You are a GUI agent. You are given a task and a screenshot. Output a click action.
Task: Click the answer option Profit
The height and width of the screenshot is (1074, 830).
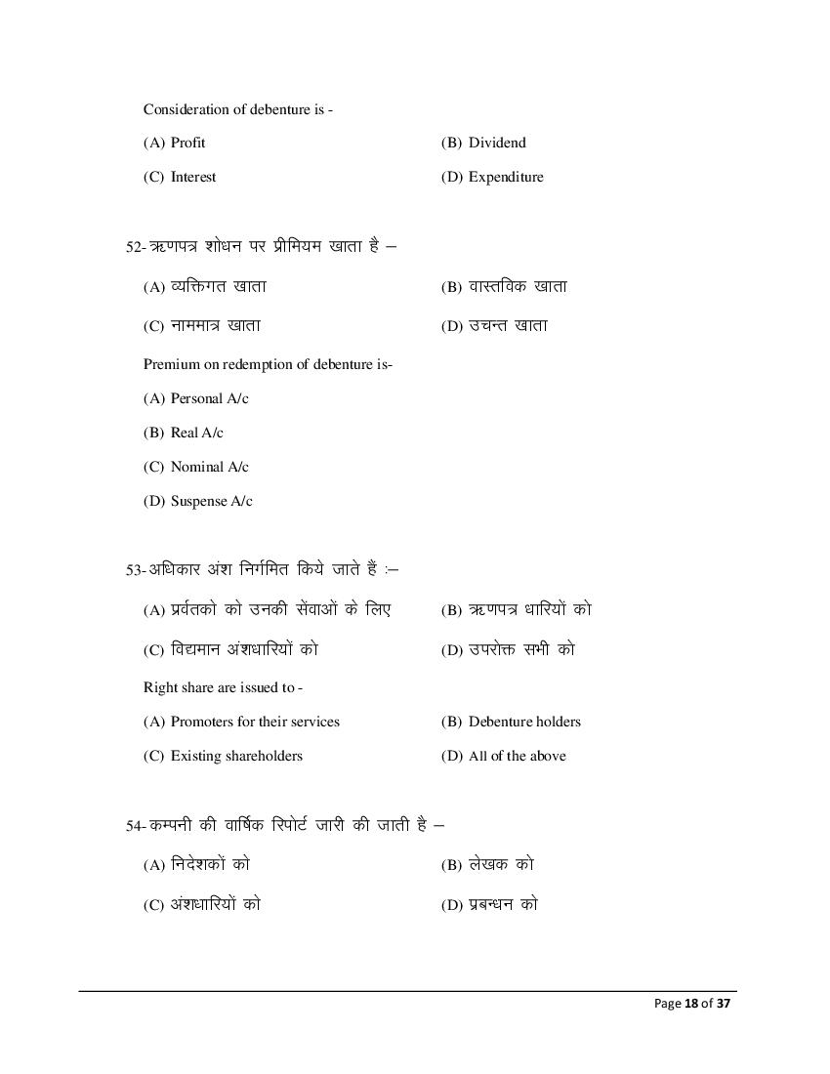click(187, 143)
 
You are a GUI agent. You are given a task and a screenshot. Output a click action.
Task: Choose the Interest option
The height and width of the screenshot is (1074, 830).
click(192, 177)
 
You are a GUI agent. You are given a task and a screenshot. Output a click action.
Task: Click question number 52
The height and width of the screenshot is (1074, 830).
click(134, 248)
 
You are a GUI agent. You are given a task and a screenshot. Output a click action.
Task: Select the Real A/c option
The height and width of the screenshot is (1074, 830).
click(196, 433)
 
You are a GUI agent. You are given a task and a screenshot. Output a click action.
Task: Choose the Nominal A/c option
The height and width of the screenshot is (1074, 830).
click(209, 467)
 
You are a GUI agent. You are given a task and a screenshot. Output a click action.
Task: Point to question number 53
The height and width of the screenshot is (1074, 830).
click(134, 570)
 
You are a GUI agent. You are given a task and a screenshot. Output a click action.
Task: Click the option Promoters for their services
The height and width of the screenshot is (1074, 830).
click(255, 722)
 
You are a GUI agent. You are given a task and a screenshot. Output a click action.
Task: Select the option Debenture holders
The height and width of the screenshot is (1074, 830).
click(523, 722)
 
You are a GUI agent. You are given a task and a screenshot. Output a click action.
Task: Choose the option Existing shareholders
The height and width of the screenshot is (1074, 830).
click(236, 756)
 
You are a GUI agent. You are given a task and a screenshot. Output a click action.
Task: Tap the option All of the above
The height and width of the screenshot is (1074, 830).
click(517, 756)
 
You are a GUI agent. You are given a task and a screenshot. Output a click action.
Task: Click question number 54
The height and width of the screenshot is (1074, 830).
click(134, 826)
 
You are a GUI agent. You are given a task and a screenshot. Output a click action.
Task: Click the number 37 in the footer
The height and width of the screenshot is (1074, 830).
click(723, 1004)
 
